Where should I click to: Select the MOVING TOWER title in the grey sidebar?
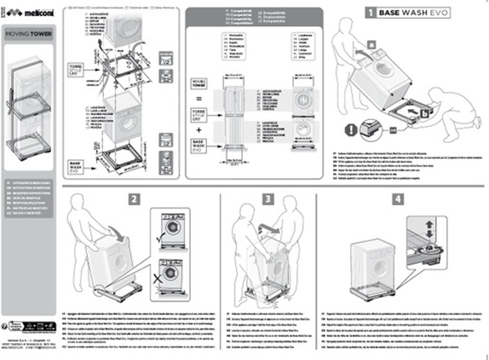click(29, 35)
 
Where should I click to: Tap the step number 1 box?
click(370, 13)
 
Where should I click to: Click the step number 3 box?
click(269, 199)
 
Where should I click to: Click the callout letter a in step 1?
click(371, 45)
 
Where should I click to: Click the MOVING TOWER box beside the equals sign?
click(199, 84)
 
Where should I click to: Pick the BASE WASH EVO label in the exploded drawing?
click(74, 167)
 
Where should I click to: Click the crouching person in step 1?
click(447, 113)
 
